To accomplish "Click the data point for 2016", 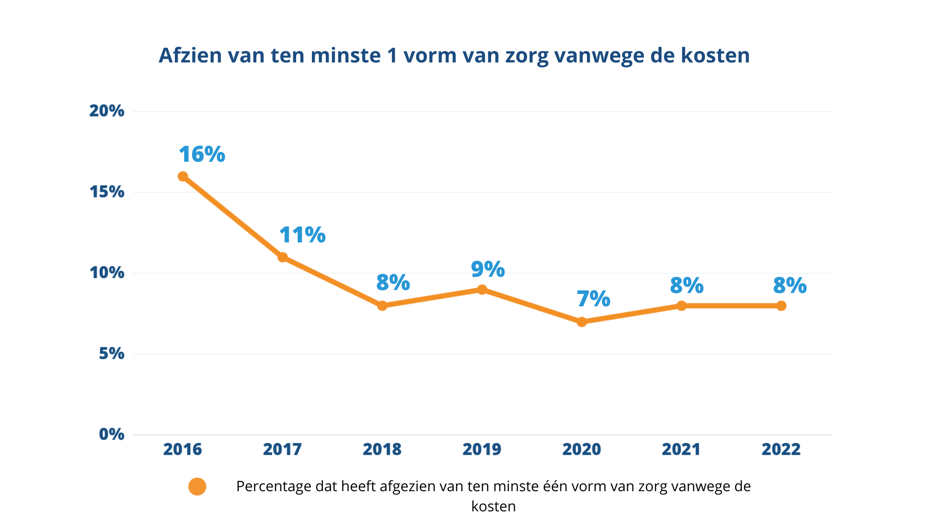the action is [x=183, y=177].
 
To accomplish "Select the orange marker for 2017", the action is [x=282, y=257].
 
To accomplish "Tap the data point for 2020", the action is [x=582, y=322].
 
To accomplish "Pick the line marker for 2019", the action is [x=482, y=290].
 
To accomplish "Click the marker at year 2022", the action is [x=781, y=306].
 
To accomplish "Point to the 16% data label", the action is [x=202, y=154].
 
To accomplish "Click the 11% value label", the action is [x=302, y=235].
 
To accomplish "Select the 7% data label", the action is [x=593, y=299].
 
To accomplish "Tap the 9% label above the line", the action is [x=488, y=269].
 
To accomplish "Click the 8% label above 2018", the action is [x=393, y=283].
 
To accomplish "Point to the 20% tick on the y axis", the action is [x=107, y=111].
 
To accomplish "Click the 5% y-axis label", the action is [x=111, y=354].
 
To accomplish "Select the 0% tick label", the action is [x=111, y=434].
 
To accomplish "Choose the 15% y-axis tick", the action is [x=107, y=192].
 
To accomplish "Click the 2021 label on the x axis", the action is [x=681, y=449].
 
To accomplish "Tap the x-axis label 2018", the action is [x=382, y=449].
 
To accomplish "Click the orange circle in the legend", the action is [x=197, y=487].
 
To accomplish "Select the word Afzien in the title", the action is [x=191, y=55].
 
